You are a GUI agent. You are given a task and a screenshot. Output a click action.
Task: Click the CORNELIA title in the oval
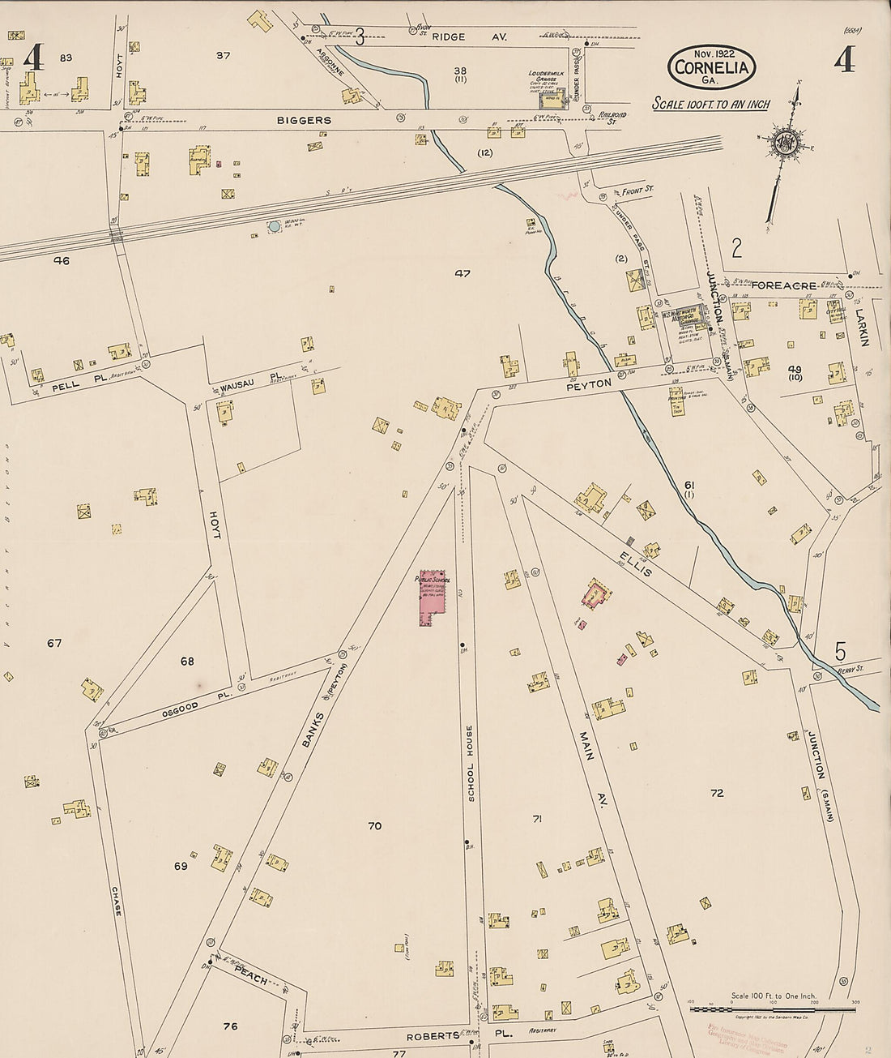click(x=712, y=68)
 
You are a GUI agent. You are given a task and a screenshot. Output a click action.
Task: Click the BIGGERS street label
click(x=304, y=120)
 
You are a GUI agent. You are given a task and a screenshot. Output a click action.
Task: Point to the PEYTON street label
click(x=589, y=383)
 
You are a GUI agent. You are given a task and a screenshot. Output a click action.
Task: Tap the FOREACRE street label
click(x=782, y=285)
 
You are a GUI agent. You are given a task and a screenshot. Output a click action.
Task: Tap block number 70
click(x=374, y=826)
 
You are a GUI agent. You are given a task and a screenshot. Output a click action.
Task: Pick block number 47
click(x=462, y=273)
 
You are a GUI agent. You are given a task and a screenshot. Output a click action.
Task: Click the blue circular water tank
click(x=274, y=226)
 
